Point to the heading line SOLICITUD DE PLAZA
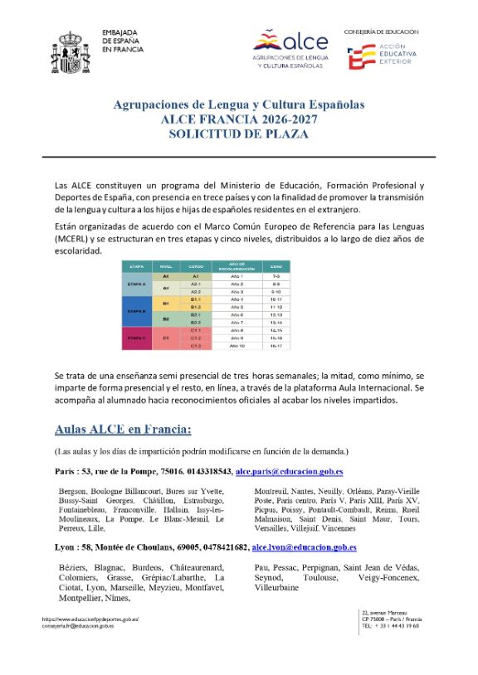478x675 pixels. point(239,133)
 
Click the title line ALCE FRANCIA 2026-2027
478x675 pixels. point(239,119)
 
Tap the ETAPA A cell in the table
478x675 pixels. point(134,282)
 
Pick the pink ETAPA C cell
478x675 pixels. point(134,338)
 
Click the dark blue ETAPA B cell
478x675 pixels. point(134,310)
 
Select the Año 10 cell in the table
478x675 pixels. point(237,346)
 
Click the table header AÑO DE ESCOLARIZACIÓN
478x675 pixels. point(237,267)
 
